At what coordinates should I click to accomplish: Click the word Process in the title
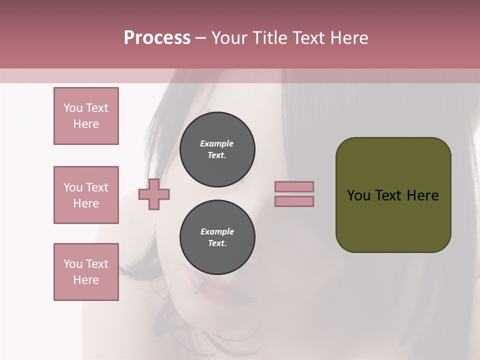[x=157, y=38]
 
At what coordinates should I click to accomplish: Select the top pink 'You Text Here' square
[x=86, y=116]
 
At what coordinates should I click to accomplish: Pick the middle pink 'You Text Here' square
[x=86, y=195]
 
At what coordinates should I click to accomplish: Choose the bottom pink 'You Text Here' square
[x=86, y=272]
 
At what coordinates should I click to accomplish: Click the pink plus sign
[x=154, y=194]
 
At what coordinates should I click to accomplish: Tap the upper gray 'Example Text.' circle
[x=217, y=149]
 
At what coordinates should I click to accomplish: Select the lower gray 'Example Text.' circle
[x=217, y=237]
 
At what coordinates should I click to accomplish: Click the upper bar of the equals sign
[x=294, y=187]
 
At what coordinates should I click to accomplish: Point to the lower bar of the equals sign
[x=294, y=201]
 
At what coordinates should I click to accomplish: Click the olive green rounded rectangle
[x=393, y=220]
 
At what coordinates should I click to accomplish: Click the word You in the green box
[x=358, y=195]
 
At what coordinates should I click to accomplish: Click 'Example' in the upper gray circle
[x=217, y=143]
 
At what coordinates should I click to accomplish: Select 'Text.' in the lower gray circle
[x=217, y=243]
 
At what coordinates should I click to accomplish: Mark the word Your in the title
[x=230, y=38]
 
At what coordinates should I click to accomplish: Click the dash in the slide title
[x=201, y=38]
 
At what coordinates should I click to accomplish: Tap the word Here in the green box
[x=423, y=195]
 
